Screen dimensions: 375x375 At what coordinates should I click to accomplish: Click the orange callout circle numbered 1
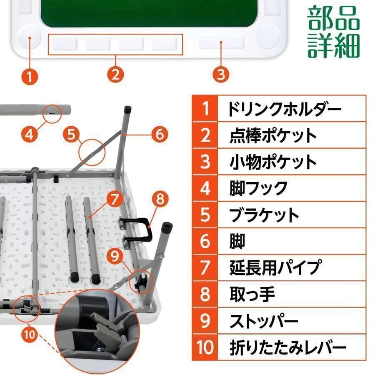click(30, 76)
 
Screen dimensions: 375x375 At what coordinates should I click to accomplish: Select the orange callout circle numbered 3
click(221, 75)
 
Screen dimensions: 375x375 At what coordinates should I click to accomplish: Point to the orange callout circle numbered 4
click(29, 134)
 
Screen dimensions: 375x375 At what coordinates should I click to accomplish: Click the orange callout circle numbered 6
click(159, 134)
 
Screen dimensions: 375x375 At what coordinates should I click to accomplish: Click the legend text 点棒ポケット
click(273, 135)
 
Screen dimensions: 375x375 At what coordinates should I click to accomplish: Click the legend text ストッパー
click(264, 321)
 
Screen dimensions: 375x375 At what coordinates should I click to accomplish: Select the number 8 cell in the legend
click(205, 294)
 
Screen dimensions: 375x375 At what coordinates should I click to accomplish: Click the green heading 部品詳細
click(333, 32)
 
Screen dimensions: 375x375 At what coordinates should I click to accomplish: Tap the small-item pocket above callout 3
click(221, 42)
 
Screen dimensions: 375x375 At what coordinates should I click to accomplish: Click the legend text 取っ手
click(252, 294)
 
